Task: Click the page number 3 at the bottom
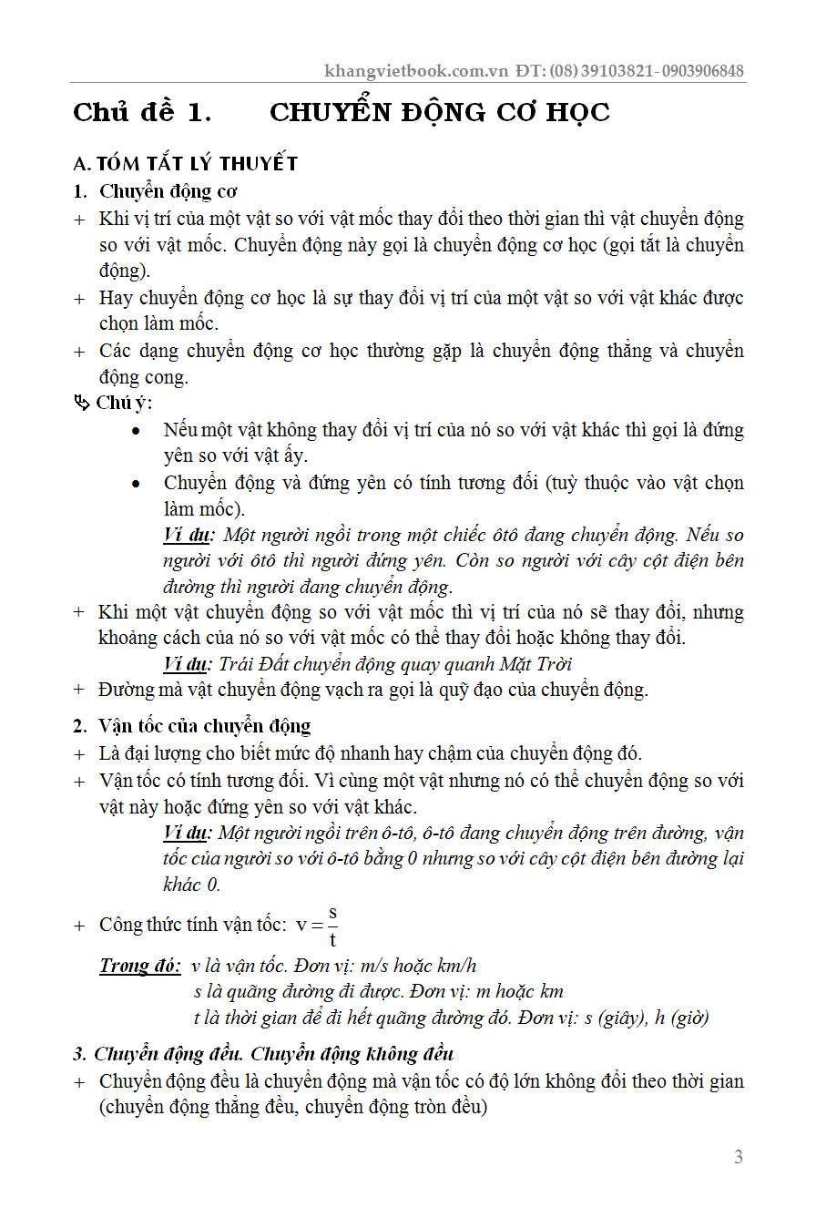point(739,1157)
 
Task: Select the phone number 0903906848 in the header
point(702,71)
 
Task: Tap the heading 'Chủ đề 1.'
point(142,113)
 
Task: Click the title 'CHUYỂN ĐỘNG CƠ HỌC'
point(440,113)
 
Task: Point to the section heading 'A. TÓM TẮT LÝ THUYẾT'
point(186,164)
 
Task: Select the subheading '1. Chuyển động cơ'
point(156,191)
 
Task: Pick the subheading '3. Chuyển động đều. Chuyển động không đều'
point(263,1054)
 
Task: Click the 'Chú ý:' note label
point(125,403)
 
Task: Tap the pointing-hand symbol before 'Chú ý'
point(82,403)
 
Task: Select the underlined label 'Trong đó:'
point(140,967)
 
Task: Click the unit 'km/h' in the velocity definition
point(456,967)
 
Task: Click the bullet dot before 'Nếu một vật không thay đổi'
point(136,430)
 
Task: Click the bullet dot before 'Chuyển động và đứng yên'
point(136,483)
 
